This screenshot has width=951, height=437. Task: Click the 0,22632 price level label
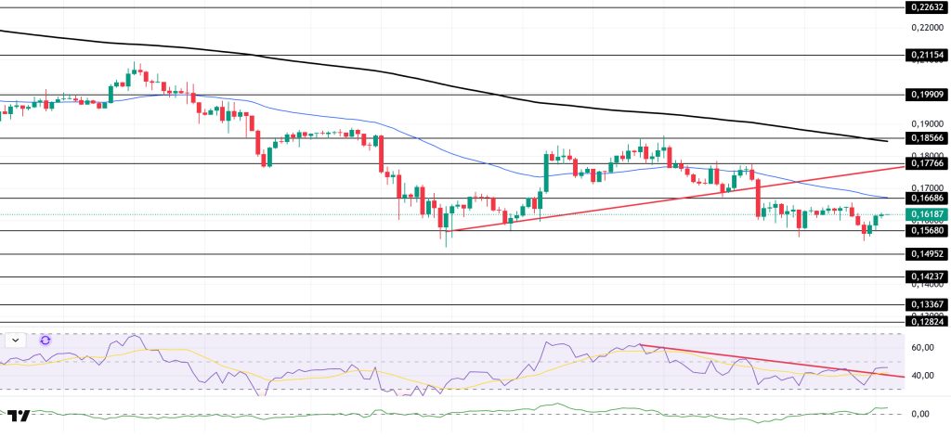pos(925,7)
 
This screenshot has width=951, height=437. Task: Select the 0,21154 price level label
pos(925,56)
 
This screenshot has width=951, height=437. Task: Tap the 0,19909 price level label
pos(925,95)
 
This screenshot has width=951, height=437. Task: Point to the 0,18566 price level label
pos(925,138)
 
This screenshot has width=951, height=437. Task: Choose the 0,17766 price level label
pos(925,163)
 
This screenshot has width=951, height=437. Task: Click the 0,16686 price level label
pos(925,198)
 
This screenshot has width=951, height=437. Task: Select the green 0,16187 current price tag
pos(925,214)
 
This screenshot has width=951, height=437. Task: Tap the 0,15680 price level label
pos(925,231)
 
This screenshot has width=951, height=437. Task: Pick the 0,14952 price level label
pos(925,254)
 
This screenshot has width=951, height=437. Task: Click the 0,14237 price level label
pos(925,276)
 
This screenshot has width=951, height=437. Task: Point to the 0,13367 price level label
pos(925,304)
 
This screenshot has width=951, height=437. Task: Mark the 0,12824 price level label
pos(925,322)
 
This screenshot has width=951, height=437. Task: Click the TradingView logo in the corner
pos(19,416)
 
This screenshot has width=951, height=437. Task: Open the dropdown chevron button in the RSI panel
pos(16,341)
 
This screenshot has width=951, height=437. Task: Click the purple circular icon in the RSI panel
pos(45,341)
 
